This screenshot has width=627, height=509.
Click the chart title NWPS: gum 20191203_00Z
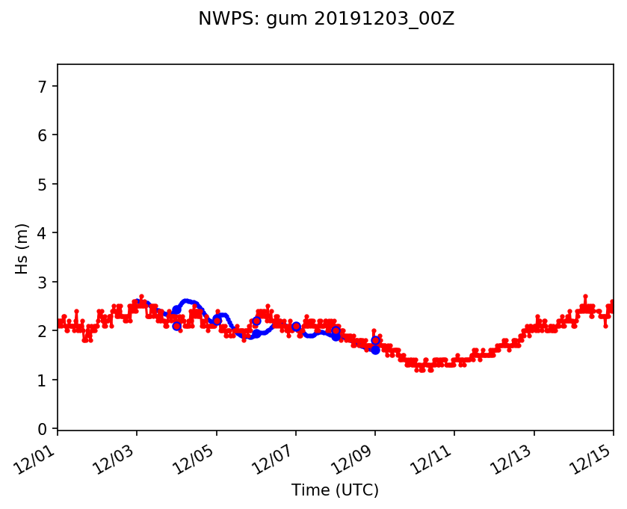326,19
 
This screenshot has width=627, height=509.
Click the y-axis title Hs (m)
22,248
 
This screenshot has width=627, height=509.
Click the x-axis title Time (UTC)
335,490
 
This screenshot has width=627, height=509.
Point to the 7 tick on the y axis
43,86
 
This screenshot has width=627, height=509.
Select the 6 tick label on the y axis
43,135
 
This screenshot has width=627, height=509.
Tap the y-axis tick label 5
43,184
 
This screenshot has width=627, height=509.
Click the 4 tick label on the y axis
43,233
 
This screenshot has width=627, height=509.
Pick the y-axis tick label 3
43,282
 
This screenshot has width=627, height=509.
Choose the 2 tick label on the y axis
43,331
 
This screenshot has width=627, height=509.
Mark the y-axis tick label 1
43,380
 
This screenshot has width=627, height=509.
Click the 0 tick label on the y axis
43,429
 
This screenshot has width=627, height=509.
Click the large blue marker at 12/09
375,349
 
